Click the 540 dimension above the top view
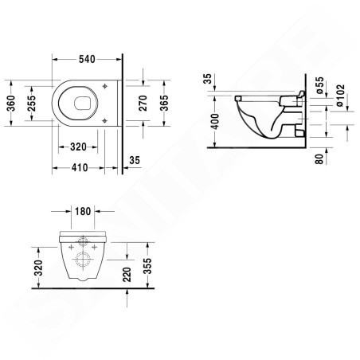coord(88,59)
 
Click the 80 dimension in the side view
coord(319,158)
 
